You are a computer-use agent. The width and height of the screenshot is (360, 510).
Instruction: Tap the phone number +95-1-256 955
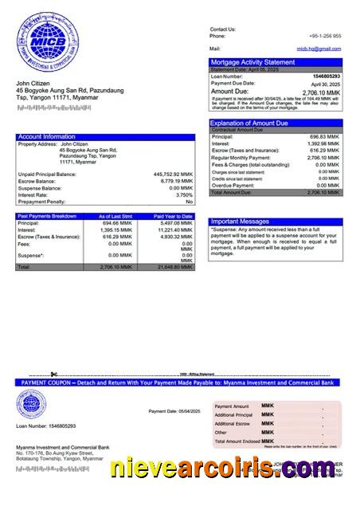tap(325, 36)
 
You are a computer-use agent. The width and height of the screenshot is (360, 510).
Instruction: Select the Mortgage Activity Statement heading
tap(252, 62)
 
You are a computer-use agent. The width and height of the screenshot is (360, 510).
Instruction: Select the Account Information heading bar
tap(105, 137)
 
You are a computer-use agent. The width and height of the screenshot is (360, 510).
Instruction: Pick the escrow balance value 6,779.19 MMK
tap(174, 181)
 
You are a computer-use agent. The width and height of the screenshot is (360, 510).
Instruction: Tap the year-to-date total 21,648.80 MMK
tap(175, 268)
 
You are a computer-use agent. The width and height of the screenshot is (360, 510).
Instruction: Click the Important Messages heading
tap(240, 221)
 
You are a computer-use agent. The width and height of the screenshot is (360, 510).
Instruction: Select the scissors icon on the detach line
tap(53, 374)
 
